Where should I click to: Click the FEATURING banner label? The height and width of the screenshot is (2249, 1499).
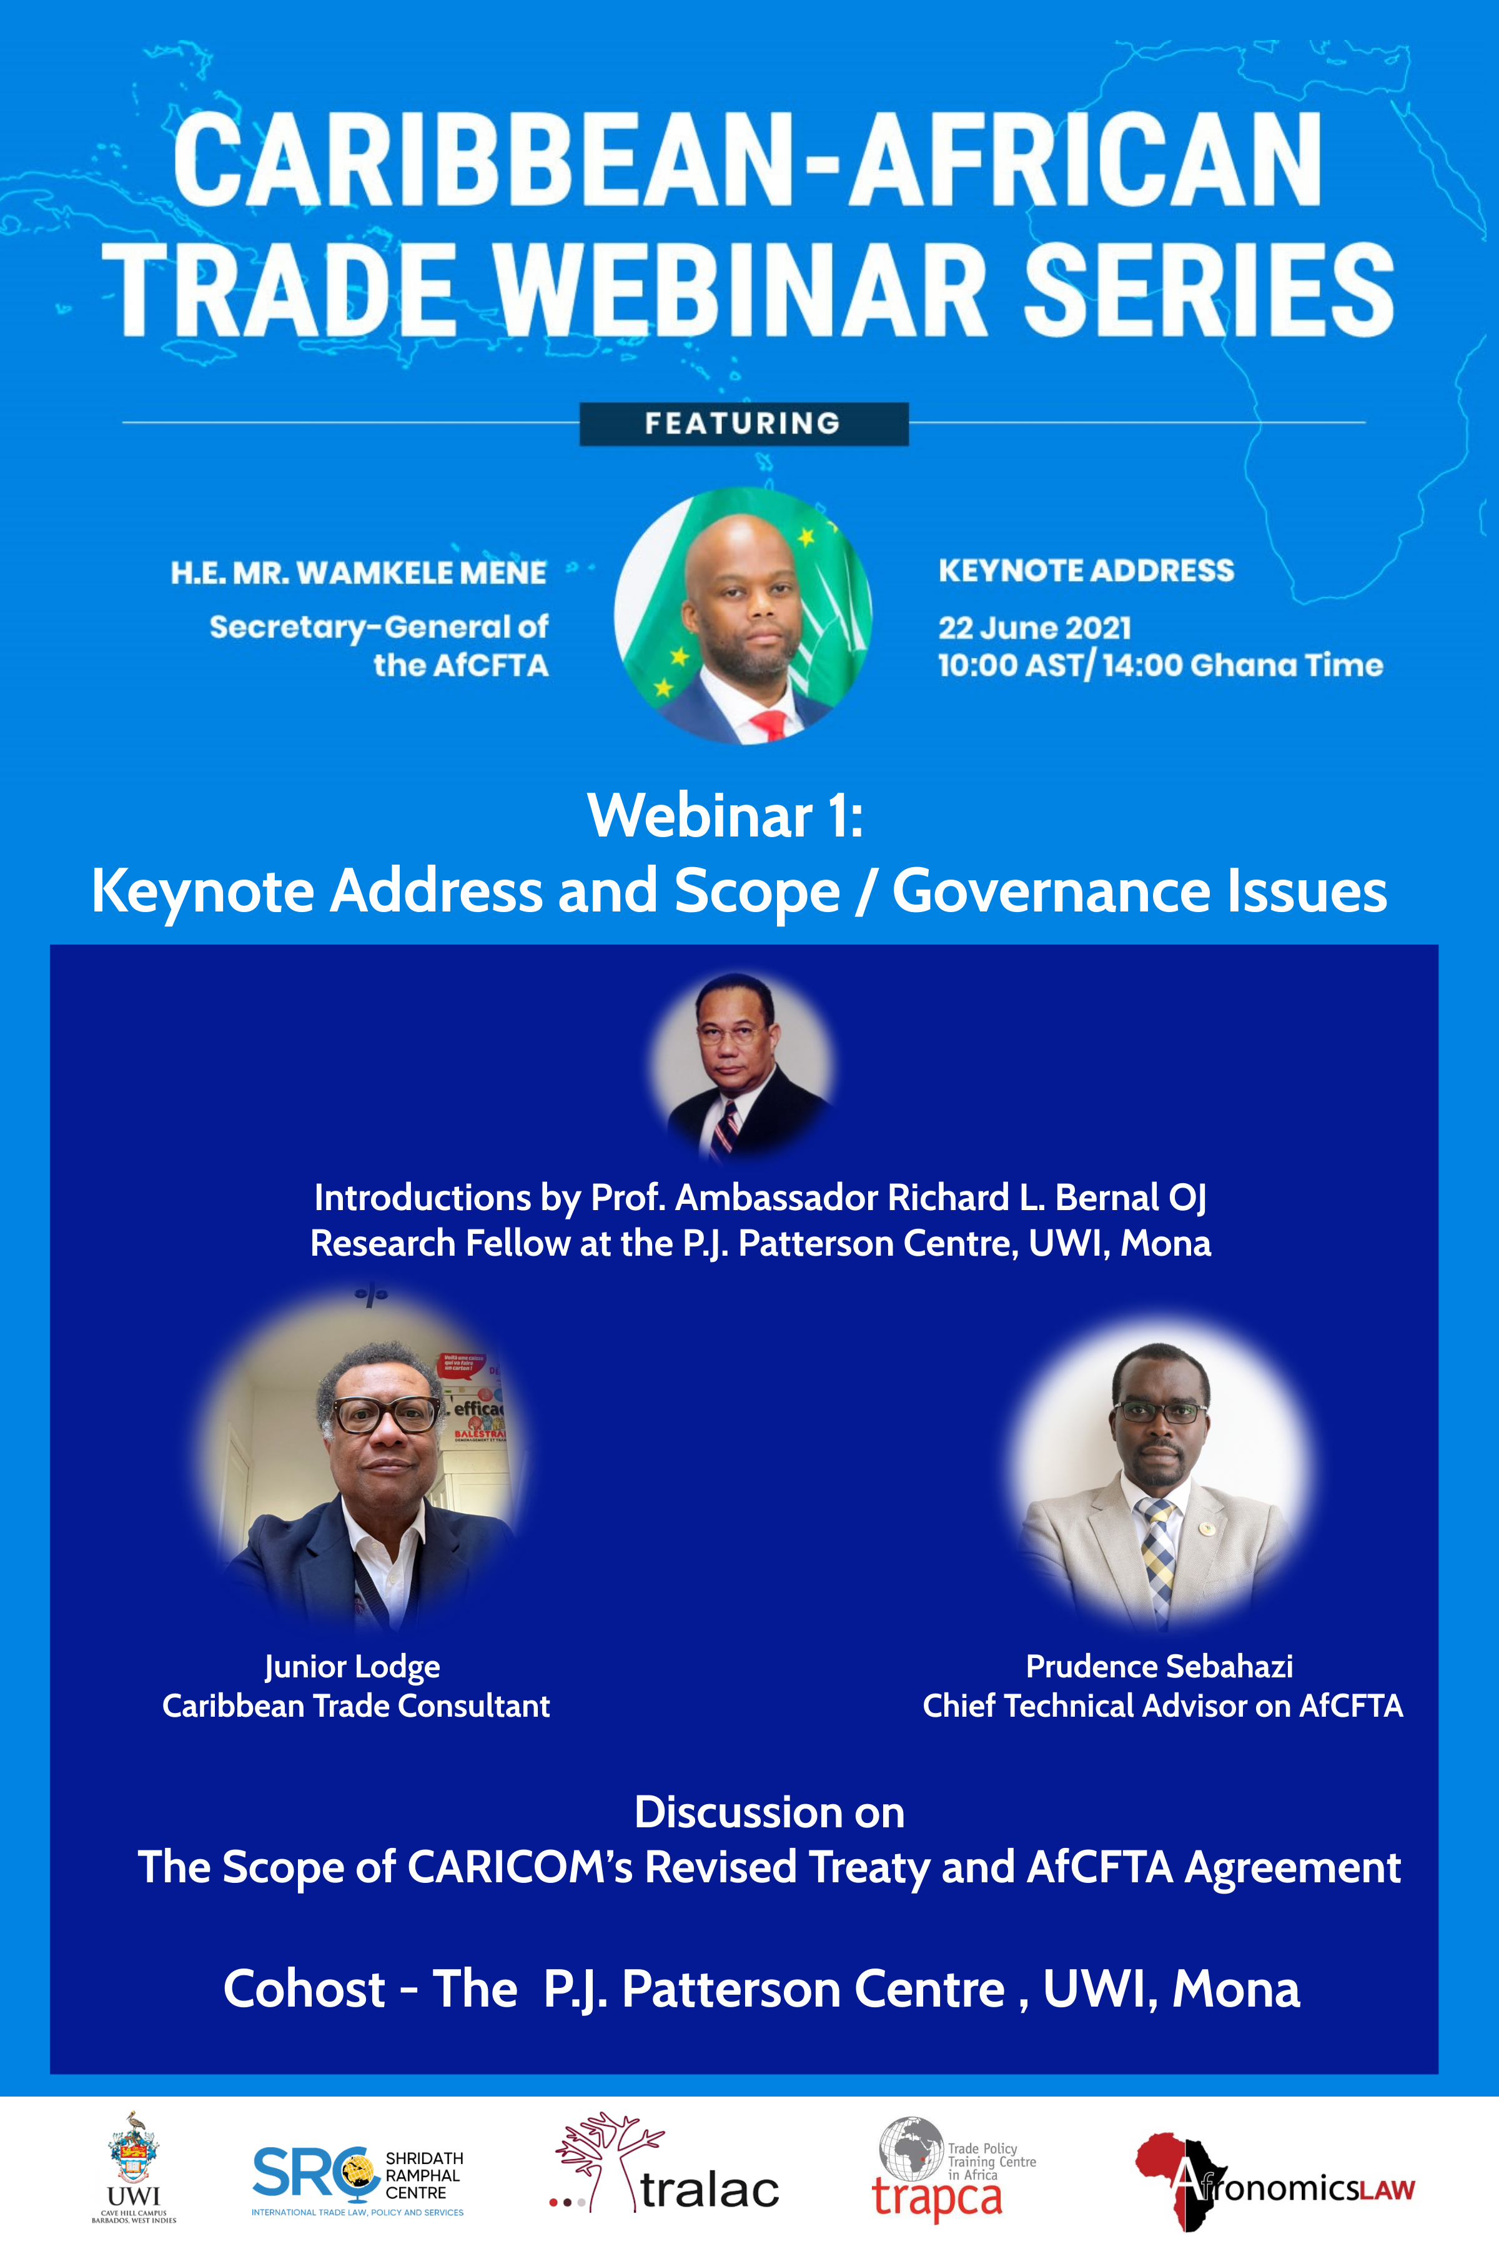click(743, 424)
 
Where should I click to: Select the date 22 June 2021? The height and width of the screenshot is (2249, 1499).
click(1034, 628)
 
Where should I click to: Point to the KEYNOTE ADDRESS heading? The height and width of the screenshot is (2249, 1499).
click(1086, 571)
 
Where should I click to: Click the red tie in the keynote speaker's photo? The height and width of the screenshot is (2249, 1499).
click(769, 725)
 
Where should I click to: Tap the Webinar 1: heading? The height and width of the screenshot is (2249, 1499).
click(726, 816)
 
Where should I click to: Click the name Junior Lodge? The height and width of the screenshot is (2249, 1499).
click(352, 1667)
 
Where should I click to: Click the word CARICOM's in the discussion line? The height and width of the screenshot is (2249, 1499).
click(520, 1867)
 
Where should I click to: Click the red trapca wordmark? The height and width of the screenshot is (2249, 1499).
click(937, 2197)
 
